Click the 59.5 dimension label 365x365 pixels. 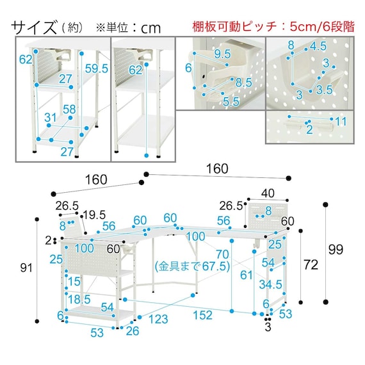(97, 69)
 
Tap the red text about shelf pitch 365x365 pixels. (273, 26)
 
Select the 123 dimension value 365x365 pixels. (158, 319)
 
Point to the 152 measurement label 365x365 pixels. (202, 315)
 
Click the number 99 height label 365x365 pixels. (336, 249)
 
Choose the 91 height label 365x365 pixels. (26, 268)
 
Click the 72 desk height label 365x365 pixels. (311, 264)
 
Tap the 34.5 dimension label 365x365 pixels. (270, 284)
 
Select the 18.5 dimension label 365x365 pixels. (79, 299)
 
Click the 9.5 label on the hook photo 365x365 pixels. (223, 54)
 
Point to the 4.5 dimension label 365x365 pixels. (318, 46)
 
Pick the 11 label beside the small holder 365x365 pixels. (341, 121)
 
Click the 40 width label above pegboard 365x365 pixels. (268, 193)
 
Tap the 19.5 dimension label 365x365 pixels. (94, 215)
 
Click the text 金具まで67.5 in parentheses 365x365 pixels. (193, 266)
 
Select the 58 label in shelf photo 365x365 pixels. (69, 109)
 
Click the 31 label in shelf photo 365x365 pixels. (51, 118)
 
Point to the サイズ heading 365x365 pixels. (34, 28)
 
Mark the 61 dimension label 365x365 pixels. (247, 275)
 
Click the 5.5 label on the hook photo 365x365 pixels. (231, 102)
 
